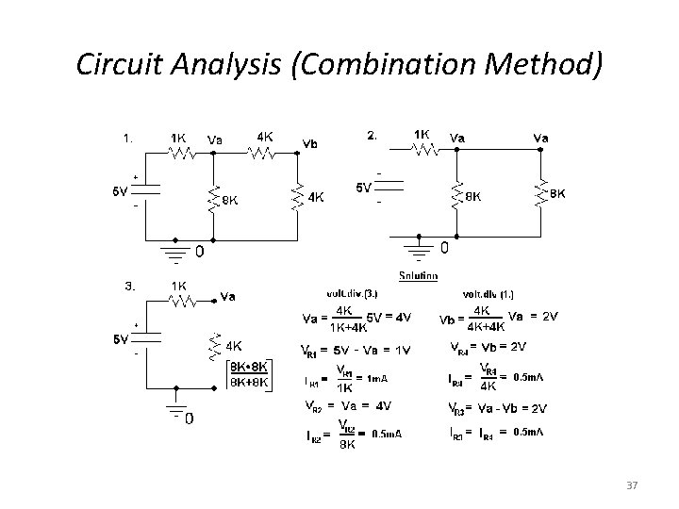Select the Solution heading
point(418,275)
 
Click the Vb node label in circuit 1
point(309,144)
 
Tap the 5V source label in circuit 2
point(364,188)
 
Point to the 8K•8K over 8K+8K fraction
point(249,374)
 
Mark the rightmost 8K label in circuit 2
point(557,193)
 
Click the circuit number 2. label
point(373,135)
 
